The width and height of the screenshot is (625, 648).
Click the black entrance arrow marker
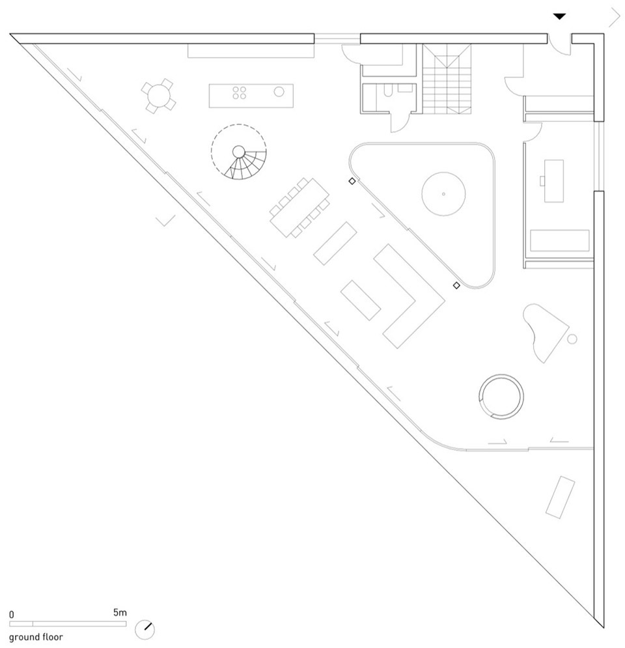point(560,16)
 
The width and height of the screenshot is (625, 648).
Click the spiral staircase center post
point(239,152)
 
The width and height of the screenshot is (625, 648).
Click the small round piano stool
point(572,339)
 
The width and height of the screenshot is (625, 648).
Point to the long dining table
point(299,208)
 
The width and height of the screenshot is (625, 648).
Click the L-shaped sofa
point(409,296)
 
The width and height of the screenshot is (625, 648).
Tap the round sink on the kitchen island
point(279,92)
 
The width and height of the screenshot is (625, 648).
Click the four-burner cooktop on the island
point(239,93)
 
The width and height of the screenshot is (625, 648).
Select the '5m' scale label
point(120,612)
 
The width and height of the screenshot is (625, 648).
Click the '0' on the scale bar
point(12,615)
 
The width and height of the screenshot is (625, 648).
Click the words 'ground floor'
point(36,637)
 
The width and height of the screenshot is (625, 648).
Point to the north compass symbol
point(145,630)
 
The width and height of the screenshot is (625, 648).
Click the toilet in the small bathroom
point(388,91)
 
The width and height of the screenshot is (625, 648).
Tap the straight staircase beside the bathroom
point(447,79)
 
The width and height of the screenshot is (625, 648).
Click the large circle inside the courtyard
point(443,194)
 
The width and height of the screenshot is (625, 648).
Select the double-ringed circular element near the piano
point(501,397)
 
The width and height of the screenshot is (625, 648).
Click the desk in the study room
point(553,181)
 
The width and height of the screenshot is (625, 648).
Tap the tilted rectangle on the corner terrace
point(560,497)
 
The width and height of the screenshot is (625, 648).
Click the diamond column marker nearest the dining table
point(352,181)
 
